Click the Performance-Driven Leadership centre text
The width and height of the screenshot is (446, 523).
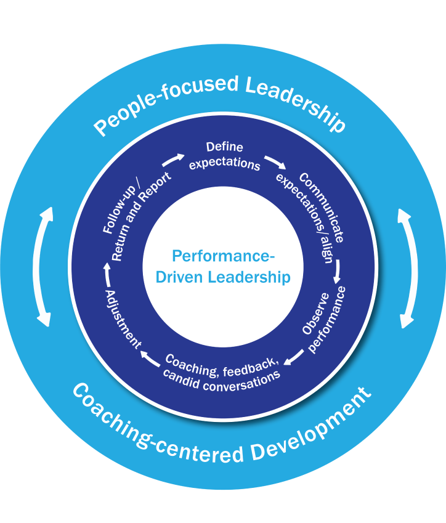(x=223, y=267)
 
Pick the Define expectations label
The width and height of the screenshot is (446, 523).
(x=225, y=156)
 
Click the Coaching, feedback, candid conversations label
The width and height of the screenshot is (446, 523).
(x=222, y=368)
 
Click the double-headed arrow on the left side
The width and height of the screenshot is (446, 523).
(x=44, y=266)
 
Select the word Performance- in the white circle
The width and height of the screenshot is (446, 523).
(x=223, y=256)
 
